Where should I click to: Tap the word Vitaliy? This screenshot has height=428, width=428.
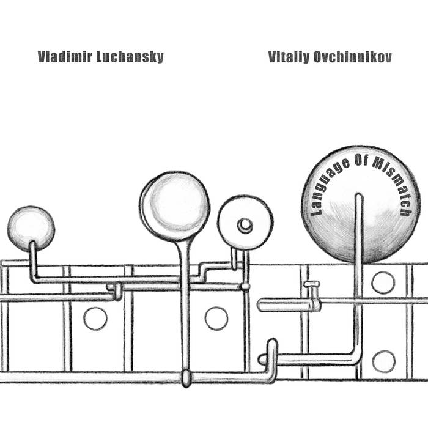coord(287,57)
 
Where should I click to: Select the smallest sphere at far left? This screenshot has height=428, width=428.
coord(31,227)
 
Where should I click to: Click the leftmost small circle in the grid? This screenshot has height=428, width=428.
coord(95,319)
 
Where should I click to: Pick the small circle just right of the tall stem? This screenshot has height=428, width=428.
coord(216,318)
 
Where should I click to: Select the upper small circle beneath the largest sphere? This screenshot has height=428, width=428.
coord(383,282)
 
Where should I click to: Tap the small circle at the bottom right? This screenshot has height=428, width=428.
coord(383,361)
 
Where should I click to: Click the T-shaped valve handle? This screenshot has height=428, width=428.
coord(312,284)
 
